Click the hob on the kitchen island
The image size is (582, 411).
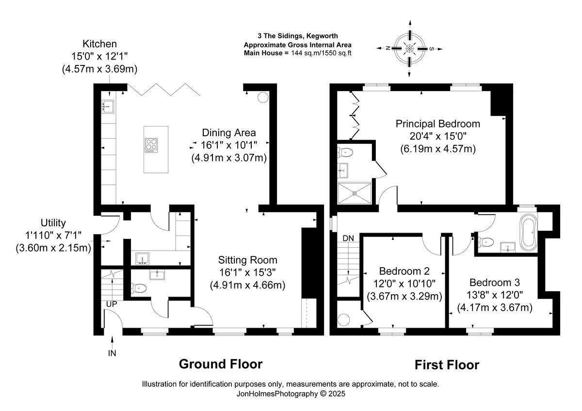click(151, 145)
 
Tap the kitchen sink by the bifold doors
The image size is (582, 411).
click(108, 107)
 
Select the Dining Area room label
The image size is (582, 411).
click(229, 133)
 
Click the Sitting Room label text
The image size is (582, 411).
click(248, 260)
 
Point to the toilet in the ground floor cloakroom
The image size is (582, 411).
click(139, 288)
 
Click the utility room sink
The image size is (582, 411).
click(143, 259)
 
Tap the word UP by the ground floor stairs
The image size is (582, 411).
click(112, 304)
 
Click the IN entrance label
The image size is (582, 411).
click(112, 353)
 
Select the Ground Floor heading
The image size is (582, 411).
click(221, 364)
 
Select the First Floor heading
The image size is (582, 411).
click(447, 365)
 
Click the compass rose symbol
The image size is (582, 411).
click(409, 48)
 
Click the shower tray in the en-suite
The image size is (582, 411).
click(355, 193)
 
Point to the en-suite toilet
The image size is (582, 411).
click(345, 152)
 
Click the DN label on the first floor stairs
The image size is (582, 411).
click(348, 238)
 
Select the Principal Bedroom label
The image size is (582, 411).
click(438, 124)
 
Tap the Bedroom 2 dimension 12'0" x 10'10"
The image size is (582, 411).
click(404, 284)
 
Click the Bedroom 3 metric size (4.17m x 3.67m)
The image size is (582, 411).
click(495, 307)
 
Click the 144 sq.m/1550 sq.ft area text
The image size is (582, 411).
click(321, 53)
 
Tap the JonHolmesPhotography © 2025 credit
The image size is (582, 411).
click(291, 394)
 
